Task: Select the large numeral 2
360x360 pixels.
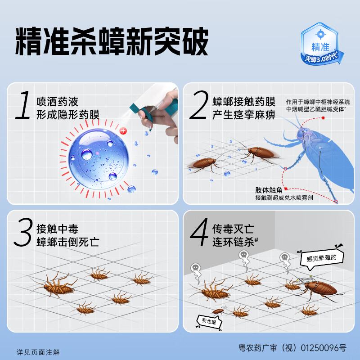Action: tap(198, 106)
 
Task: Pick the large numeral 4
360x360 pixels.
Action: tap(198, 233)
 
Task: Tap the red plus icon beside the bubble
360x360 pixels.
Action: tap(124, 131)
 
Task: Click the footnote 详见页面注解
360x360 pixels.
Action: tap(38, 352)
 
